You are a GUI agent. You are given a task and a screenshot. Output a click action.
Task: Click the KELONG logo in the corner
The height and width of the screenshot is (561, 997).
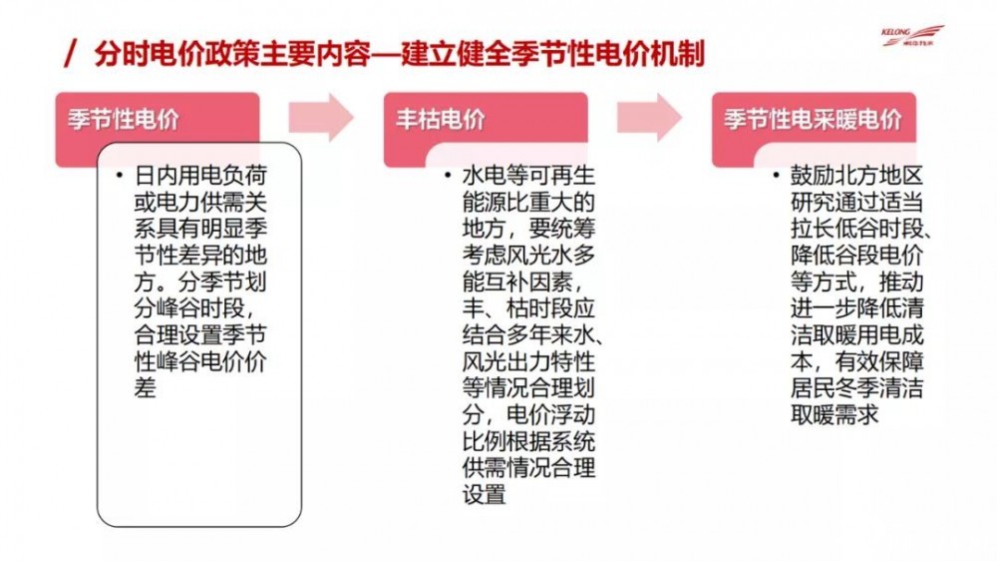[x=912, y=36]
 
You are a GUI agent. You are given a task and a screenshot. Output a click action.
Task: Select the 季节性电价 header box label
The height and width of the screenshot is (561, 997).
[x=124, y=120]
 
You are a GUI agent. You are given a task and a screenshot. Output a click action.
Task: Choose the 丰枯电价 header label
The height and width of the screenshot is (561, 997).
[x=441, y=120]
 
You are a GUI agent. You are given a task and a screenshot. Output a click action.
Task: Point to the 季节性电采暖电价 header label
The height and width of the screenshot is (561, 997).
[x=814, y=120]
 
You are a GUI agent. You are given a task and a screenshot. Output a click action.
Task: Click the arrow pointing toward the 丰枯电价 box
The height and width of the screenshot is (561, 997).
[x=321, y=117]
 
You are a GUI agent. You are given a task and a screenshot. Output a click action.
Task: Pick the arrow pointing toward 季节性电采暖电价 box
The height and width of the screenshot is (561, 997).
[x=649, y=117]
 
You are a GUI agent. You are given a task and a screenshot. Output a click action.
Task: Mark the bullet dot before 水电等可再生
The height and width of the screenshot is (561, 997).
[x=448, y=176]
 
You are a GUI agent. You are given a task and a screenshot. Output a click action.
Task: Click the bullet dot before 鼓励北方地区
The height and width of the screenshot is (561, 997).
[x=776, y=176]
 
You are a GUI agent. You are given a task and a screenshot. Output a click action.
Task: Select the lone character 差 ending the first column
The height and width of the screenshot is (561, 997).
[x=145, y=387]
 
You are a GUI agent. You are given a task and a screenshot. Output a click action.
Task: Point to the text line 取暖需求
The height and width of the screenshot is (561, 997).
[x=834, y=414]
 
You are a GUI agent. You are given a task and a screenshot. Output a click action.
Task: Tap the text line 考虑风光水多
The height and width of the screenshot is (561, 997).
[x=528, y=255]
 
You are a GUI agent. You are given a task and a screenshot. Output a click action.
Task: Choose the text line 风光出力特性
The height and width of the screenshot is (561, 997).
[x=528, y=361]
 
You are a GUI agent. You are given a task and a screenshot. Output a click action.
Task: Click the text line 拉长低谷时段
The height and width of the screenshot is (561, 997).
[x=857, y=229]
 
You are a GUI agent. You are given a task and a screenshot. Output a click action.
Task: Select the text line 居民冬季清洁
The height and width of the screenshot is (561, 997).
[x=857, y=387]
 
